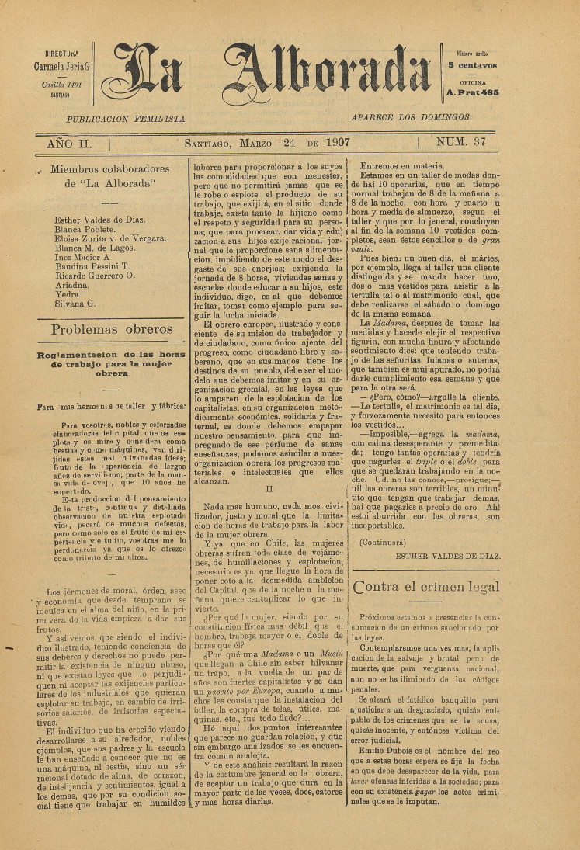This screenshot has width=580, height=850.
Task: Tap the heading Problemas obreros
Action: [112, 329]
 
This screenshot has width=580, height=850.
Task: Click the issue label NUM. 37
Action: [462, 142]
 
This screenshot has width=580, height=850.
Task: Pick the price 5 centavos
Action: [472, 67]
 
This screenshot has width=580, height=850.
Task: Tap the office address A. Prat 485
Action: [472, 92]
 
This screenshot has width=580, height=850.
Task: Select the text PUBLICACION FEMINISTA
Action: [126, 118]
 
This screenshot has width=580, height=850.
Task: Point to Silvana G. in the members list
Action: [75, 304]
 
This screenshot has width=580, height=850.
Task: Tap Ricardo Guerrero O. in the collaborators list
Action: [94, 275]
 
